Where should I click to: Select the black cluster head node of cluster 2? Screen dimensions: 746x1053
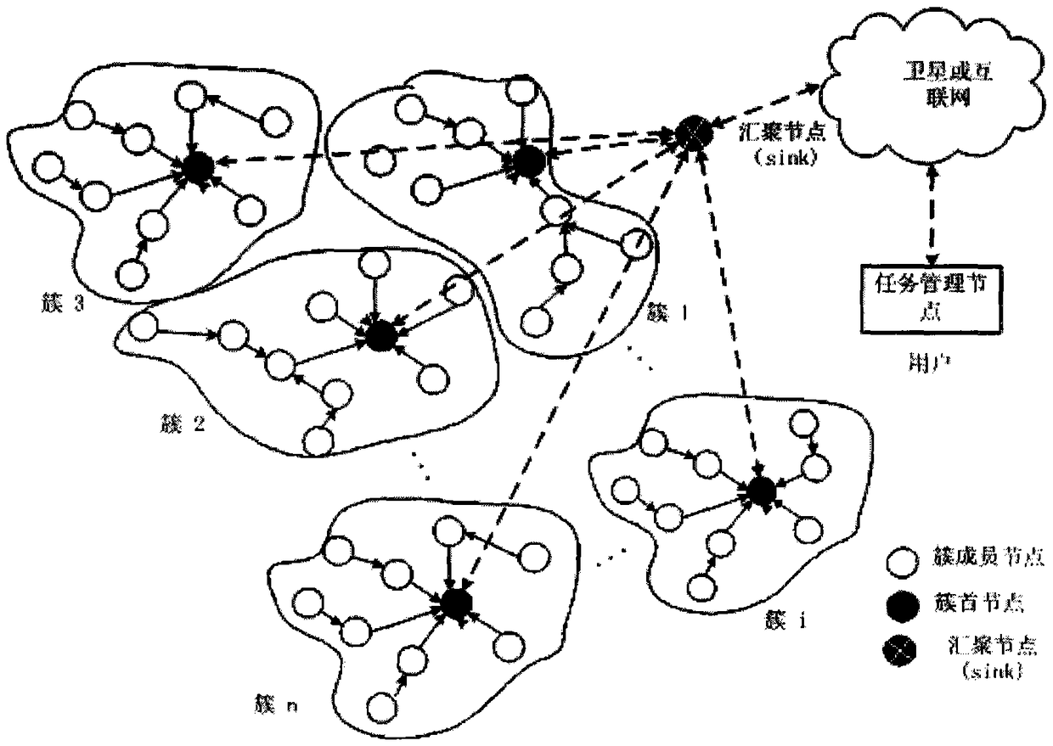(380, 334)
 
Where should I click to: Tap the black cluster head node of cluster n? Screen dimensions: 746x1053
(454, 603)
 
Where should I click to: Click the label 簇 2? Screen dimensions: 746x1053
(181, 422)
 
